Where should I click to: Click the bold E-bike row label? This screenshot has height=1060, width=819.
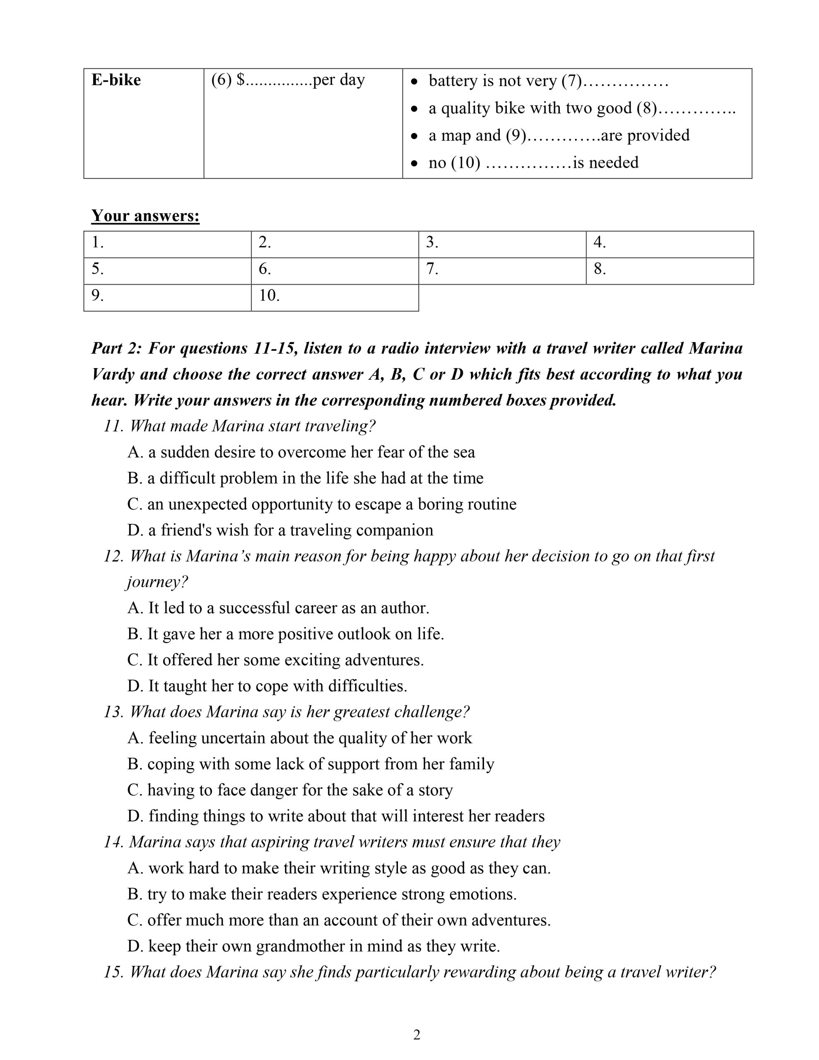116,80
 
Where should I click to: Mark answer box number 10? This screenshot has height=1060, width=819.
335,298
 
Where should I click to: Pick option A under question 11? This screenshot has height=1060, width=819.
301,452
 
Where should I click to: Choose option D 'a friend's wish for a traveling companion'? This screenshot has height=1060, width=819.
280,530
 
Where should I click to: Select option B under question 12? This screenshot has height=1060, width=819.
285,634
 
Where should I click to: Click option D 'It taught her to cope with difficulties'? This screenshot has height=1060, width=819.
267,686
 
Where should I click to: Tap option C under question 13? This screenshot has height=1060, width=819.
290,790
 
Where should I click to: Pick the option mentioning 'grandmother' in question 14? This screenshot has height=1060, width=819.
313,946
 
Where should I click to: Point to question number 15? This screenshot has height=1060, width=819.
115,972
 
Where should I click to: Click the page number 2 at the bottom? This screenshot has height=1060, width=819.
417,1035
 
